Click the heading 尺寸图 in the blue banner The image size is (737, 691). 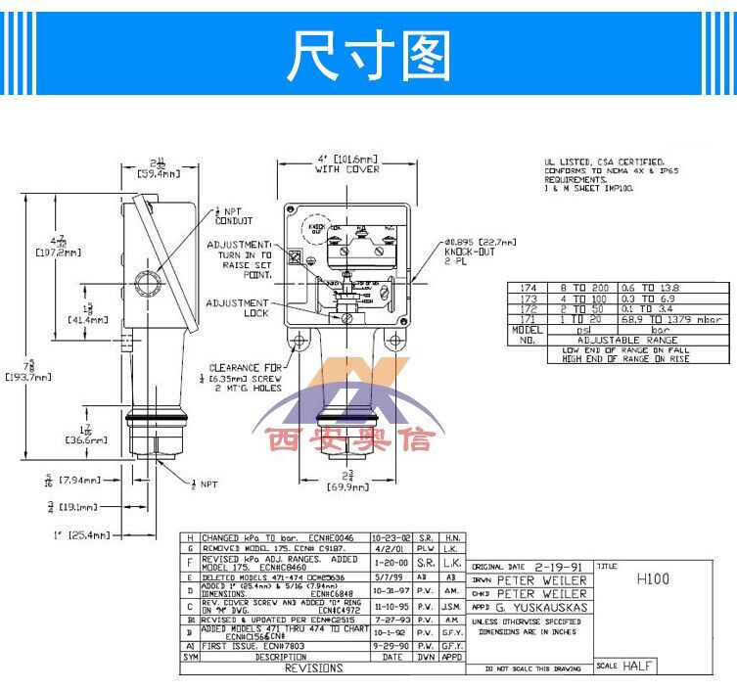[x=368, y=56]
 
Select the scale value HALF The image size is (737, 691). [x=635, y=667]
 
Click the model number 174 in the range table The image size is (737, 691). [x=530, y=287]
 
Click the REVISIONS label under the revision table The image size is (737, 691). [x=313, y=668]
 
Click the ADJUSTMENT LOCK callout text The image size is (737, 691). [x=237, y=308]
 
